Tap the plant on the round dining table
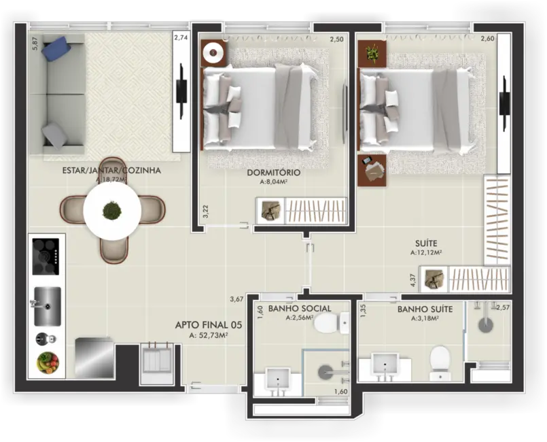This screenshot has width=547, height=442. [112, 211]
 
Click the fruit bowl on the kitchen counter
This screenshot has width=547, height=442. [48, 362]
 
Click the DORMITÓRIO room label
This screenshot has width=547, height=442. [274, 173]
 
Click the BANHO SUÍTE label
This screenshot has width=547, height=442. [425, 309]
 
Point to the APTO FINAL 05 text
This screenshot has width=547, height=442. [201, 325]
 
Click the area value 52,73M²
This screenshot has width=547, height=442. [209, 335]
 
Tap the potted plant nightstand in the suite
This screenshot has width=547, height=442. [372, 53]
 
